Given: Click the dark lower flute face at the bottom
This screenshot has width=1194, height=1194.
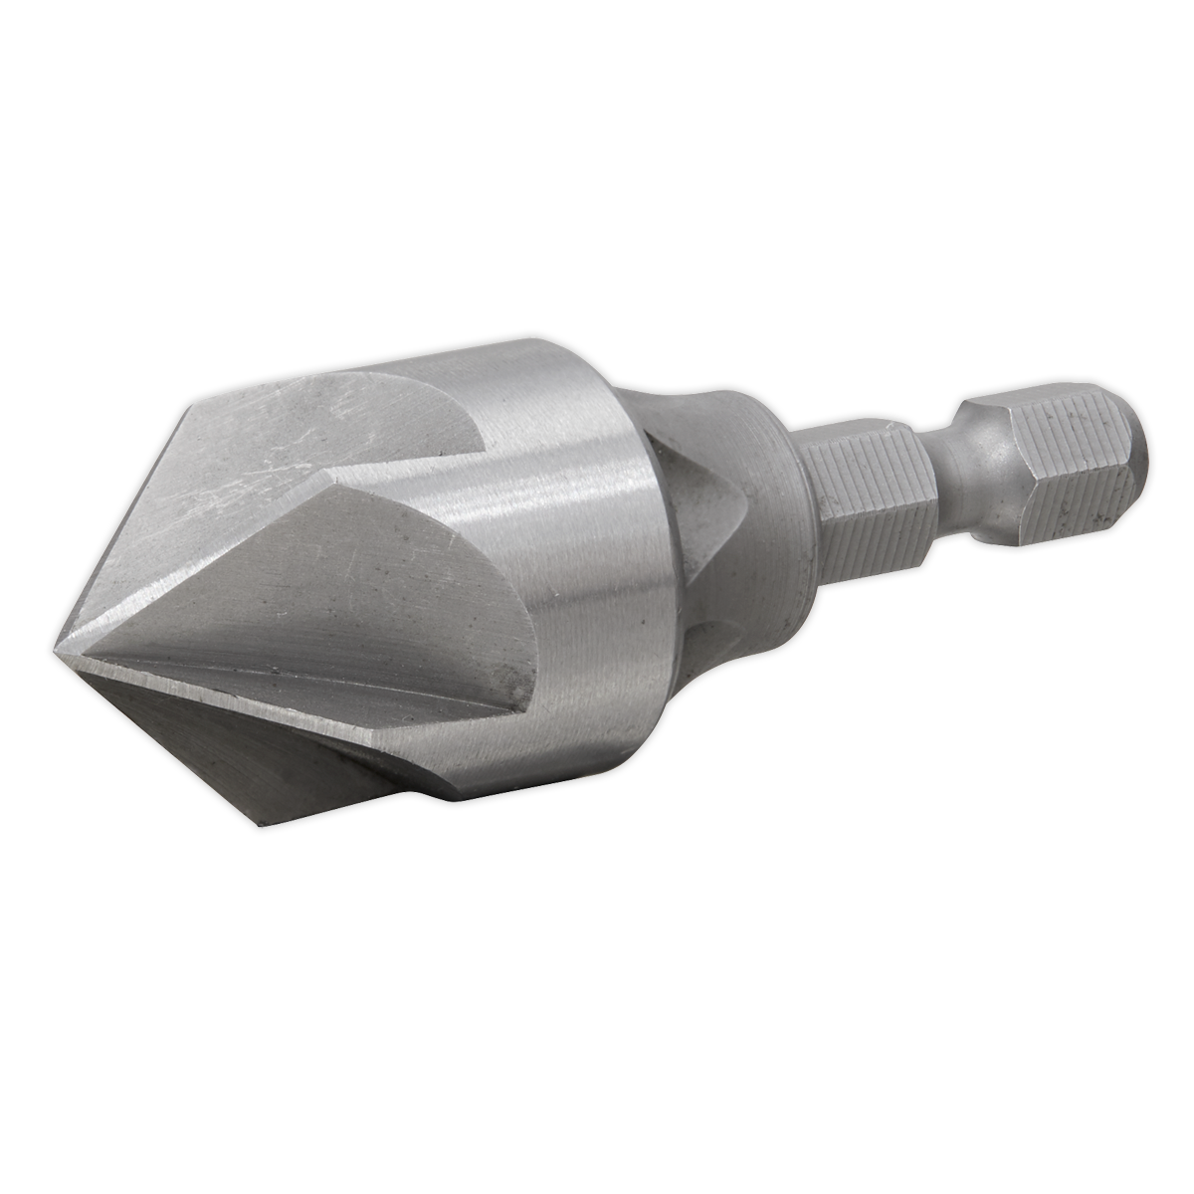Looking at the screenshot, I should (x=239, y=746).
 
